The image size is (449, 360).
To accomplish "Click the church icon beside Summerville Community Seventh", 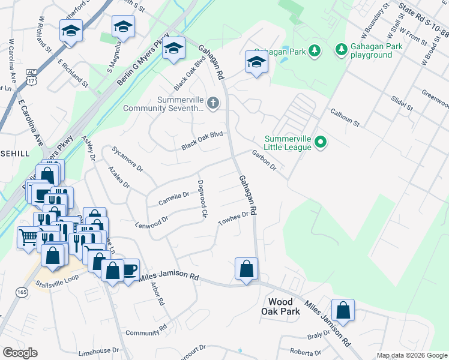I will pyautogui.click(x=212, y=104).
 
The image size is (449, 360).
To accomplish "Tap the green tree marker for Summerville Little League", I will pyautogui.click(x=321, y=142).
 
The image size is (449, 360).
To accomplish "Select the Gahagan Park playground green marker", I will pyautogui.click(x=341, y=49).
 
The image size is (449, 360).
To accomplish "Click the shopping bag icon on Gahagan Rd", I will pyautogui.click(x=247, y=269).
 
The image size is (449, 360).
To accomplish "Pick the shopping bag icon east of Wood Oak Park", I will pyautogui.click(x=343, y=310).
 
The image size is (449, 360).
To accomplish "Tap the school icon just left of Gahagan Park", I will pyautogui.click(x=256, y=62).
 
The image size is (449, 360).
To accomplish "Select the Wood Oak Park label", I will pyautogui.click(x=280, y=307).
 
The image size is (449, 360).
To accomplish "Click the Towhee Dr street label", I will pyautogui.click(x=234, y=218).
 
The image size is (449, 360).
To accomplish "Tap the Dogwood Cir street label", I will pyautogui.click(x=202, y=199).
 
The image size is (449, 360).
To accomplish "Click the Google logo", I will pyautogui.click(x=20, y=353).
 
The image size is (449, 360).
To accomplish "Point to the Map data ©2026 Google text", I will pyautogui.click(x=411, y=355).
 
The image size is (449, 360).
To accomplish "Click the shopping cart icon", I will pyautogui.click(x=27, y=237).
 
